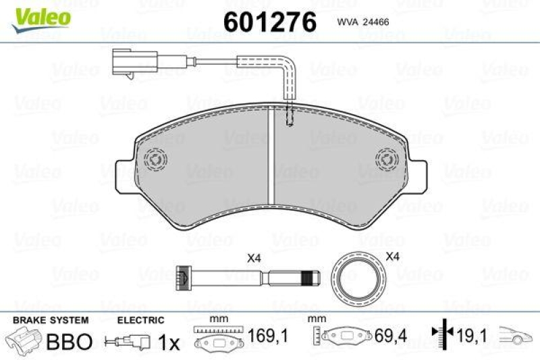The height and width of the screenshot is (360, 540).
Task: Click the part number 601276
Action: coord(269,22)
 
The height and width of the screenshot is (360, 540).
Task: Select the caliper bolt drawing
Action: coord(246,277)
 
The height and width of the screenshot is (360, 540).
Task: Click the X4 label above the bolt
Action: coord(254,257)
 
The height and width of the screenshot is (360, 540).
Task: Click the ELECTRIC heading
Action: coord(140,320)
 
